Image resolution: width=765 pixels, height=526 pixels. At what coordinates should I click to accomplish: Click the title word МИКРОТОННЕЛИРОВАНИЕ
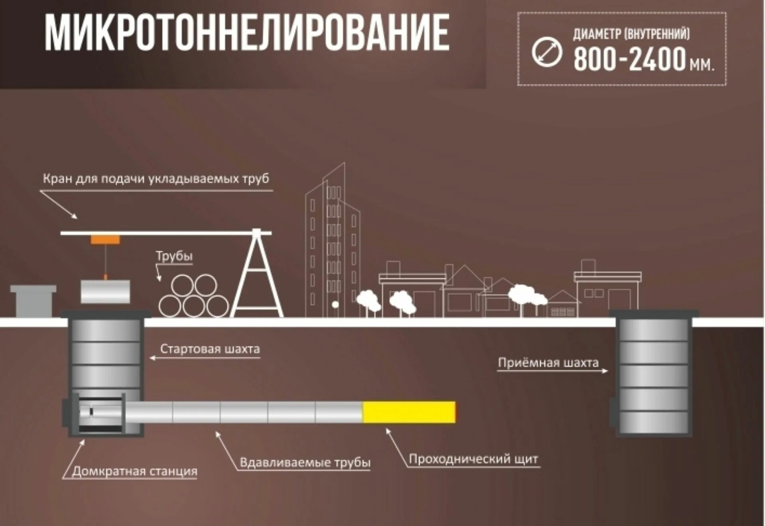tap(247, 33)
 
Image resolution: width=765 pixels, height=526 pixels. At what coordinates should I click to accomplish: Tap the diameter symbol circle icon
tap(547, 52)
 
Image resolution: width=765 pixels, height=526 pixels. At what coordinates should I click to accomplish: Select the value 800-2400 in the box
tap(630, 59)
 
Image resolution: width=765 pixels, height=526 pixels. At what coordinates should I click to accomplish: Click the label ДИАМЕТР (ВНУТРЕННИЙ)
tap(632, 34)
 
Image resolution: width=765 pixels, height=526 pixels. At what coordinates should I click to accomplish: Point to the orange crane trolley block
tap(105, 240)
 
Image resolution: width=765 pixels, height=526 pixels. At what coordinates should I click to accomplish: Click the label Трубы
tap(174, 256)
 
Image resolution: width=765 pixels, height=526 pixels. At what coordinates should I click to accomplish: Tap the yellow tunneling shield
tap(409, 412)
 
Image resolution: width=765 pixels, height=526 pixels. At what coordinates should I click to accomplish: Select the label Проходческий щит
tap(473, 459)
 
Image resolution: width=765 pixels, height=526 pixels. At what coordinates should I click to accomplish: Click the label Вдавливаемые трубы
tap(305, 463)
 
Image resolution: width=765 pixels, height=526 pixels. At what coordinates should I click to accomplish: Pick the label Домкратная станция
tap(135, 471)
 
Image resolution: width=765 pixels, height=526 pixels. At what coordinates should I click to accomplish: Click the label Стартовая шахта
tap(210, 349)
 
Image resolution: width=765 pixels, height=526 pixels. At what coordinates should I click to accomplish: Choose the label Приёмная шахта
tap(548, 363)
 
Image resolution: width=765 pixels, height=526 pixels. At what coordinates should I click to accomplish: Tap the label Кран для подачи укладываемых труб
tap(156, 178)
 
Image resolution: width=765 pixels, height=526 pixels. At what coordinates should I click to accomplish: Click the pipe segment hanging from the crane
tap(105, 292)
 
